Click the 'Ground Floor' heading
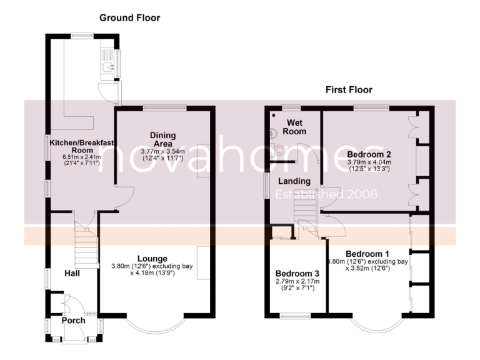coord(129,18)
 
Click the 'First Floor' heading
coord(349,90)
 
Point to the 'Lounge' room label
coord(152,258)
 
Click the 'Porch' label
coord(73,321)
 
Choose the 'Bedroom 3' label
coord(296,274)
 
